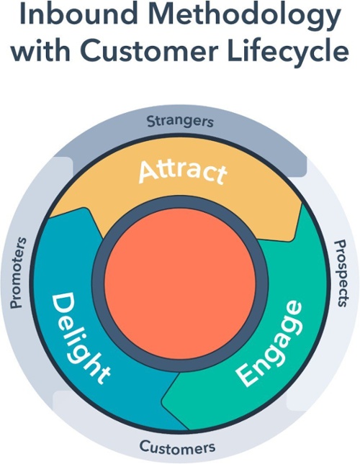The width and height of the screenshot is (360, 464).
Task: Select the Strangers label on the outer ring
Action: point(180,120)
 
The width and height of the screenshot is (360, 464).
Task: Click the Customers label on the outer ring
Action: point(177,447)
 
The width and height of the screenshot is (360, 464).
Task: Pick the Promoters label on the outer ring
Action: point(19,272)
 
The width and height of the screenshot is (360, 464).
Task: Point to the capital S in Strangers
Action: point(151,121)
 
